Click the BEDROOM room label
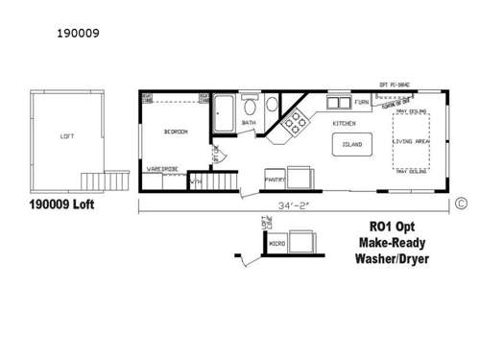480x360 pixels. click(x=175, y=132)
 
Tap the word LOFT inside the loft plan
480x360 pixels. click(x=66, y=136)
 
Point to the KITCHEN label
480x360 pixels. click(x=344, y=124)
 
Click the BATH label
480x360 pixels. click(x=249, y=123)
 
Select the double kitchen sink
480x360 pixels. click(x=339, y=103)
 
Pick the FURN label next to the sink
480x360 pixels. click(x=362, y=102)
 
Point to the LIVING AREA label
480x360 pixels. click(x=411, y=142)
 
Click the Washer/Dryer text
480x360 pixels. click(x=393, y=259)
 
